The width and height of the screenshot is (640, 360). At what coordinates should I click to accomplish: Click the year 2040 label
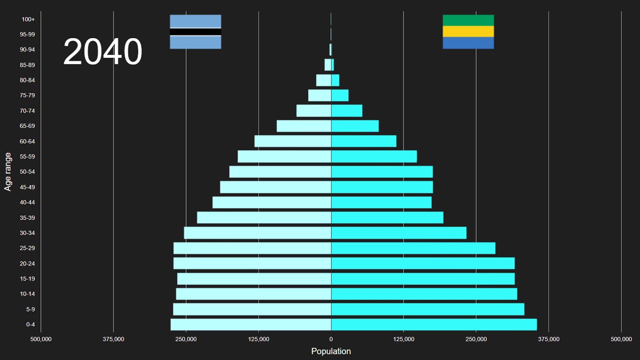(x=102, y=52)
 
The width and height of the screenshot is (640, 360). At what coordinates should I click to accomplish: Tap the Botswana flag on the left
(x=195, y=32)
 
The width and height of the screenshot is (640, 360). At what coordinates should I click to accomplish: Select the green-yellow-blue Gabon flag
(x=468, y=32)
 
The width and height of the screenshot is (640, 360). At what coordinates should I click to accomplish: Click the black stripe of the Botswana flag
(x=195, y=32)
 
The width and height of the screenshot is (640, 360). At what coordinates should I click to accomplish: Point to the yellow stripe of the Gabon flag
(x=468, y=31)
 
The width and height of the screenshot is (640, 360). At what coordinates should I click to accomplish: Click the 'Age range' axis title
(x=8, y=171)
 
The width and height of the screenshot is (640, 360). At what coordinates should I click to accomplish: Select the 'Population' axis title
(x=331, y=351)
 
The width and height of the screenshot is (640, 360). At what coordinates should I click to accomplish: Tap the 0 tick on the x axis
(x=331, y=339)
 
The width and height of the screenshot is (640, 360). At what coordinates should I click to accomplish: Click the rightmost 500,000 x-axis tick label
(x=621, y=339)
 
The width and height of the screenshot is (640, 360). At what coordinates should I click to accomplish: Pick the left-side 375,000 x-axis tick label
(x=113, y=339)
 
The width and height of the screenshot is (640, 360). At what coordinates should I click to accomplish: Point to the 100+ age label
(x=28, y=19)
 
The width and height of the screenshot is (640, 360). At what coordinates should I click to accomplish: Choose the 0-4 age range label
(x=30, y=324)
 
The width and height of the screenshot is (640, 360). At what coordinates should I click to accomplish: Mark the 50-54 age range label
(x=27, y=172)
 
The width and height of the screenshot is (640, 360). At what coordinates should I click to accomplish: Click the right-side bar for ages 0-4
(x=433, y=324)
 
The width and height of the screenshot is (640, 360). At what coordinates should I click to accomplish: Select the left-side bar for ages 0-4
(x=250, y=324)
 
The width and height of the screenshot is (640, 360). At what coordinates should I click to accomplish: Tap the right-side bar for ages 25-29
(x=413, y=248)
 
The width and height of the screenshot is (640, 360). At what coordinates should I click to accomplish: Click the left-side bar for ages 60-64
(x=292, y=141)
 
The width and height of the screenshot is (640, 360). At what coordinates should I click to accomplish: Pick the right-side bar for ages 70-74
(x=346, y=110)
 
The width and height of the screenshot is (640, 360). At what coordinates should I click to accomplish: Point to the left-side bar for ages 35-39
(x=264, y=217)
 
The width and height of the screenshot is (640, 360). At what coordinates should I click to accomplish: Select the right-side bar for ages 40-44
(x=381, y=202)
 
